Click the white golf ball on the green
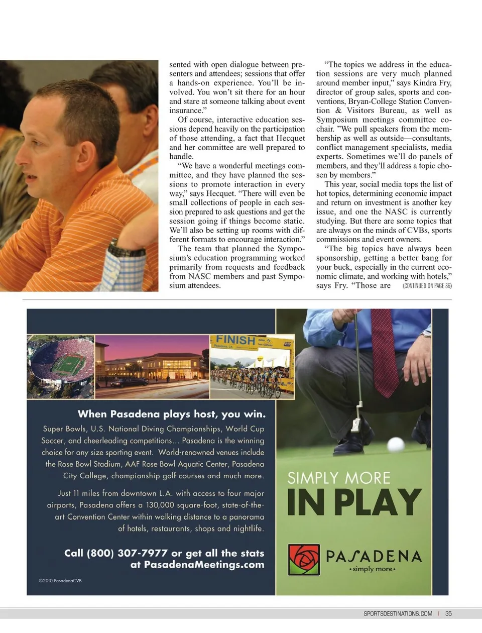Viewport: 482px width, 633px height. [x=396, y=445]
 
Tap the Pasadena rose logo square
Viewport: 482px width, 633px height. [x=304, y=560]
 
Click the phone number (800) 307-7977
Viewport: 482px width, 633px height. [x=116, y=553]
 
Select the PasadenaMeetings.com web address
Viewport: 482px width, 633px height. [x=204, y=565]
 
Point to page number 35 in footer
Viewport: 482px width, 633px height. [x=448, y=613]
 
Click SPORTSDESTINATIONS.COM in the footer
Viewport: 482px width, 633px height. [x=398, y=613]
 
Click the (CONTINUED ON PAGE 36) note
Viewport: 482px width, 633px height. [x=427, y=286]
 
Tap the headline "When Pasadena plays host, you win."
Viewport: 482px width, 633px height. [x=171, y=414]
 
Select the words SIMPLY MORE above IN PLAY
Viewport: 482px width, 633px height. [x=338, y=478]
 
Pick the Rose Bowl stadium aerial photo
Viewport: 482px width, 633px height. [x=61, y=367]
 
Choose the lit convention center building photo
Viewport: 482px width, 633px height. [x=152, y=367]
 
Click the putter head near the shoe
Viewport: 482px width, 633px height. [x=356, y=424]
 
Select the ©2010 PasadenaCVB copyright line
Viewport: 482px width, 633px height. [x=60, y=581]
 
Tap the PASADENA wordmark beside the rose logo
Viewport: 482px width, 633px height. [x=374, y=556]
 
